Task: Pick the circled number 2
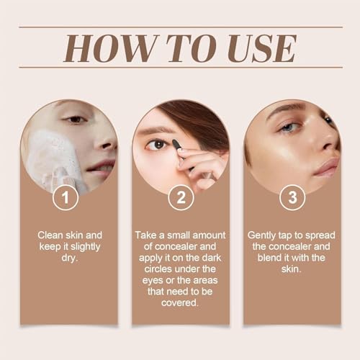tap(180, 197)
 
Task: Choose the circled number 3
tap(292, 197)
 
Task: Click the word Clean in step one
tap(50, 235)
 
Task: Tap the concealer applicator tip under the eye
tap(176, 145)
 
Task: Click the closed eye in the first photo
tap(74, 120)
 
